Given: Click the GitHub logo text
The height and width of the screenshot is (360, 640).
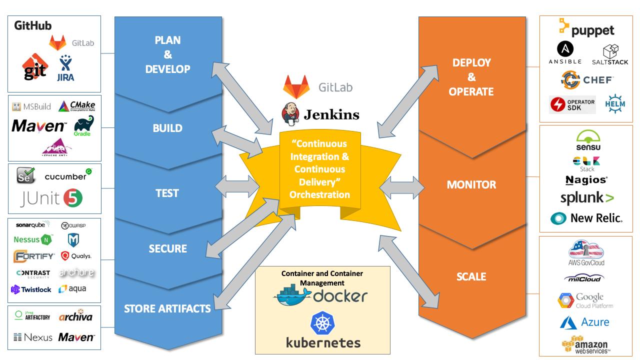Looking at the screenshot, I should pos(33,25).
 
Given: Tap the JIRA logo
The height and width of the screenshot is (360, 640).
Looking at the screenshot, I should pos(66,69).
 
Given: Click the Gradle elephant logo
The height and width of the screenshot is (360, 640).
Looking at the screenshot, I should pos(83,126).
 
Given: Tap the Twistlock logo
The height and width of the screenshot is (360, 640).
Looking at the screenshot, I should pos(31,289).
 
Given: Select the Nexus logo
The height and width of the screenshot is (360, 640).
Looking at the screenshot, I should pos(33,337).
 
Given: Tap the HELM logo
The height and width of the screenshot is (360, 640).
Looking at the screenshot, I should pos(614,104).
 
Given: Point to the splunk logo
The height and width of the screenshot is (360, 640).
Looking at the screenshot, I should pos(586,198).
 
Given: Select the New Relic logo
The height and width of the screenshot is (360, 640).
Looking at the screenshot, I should pos(586,218).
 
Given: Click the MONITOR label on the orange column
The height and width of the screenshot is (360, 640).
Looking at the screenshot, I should pos(471,185).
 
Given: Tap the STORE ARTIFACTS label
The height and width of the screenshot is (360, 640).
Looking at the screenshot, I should pos(167,308).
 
